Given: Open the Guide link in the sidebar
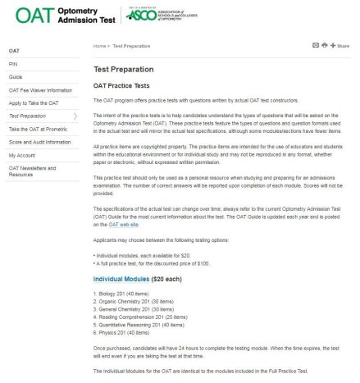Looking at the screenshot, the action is pos(16,76).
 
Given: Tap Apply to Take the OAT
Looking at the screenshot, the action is pos(34,103).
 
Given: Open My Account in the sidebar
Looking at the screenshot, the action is pos(22,155).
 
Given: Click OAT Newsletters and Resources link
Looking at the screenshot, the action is pos(33,171).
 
